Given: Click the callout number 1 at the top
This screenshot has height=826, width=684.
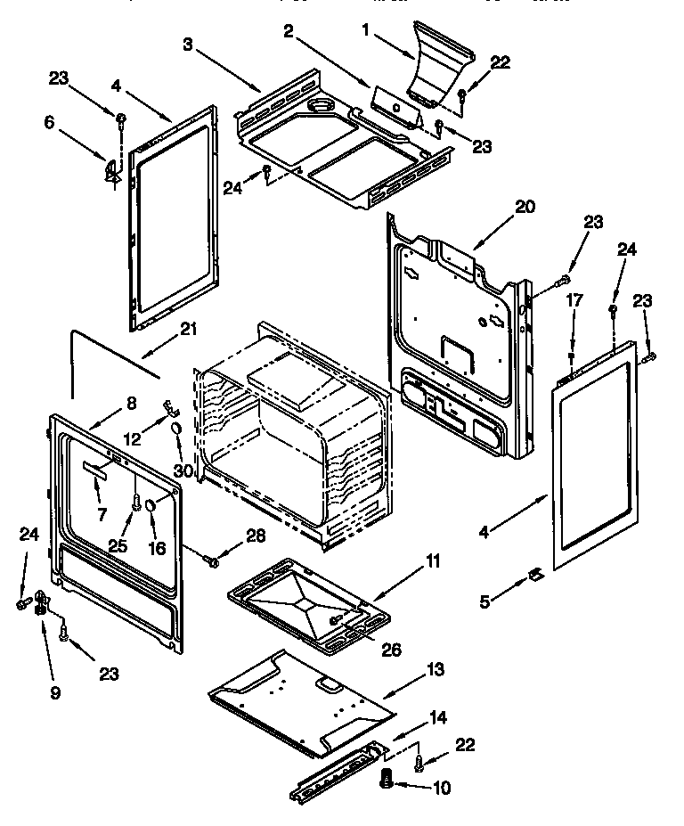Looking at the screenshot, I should click(x=364, y=29).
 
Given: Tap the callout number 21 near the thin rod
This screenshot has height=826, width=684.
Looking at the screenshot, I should click(x=188, y=329).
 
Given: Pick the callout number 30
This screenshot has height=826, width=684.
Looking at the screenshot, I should click(x=183, y=469).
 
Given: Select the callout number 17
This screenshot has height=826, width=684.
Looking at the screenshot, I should click(x=574, y=301).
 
